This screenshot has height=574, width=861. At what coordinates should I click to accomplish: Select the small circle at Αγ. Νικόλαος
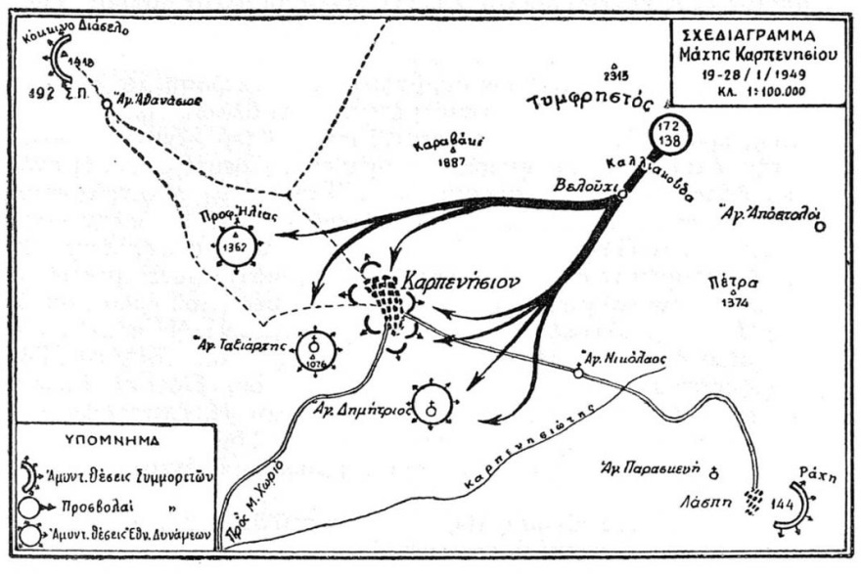[x=578, y=373]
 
